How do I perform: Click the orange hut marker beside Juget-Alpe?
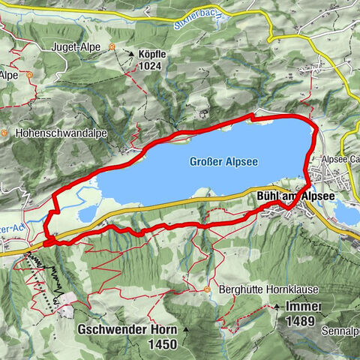(x=112, y=46)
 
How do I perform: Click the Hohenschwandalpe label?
(x=54, y=133)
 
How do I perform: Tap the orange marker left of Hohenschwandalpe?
(x=4, y=133)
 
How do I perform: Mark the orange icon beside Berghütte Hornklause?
(x=207, y=289)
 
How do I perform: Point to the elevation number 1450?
(x=162, y=344)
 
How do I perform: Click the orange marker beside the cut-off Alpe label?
(x=29, y=75)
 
